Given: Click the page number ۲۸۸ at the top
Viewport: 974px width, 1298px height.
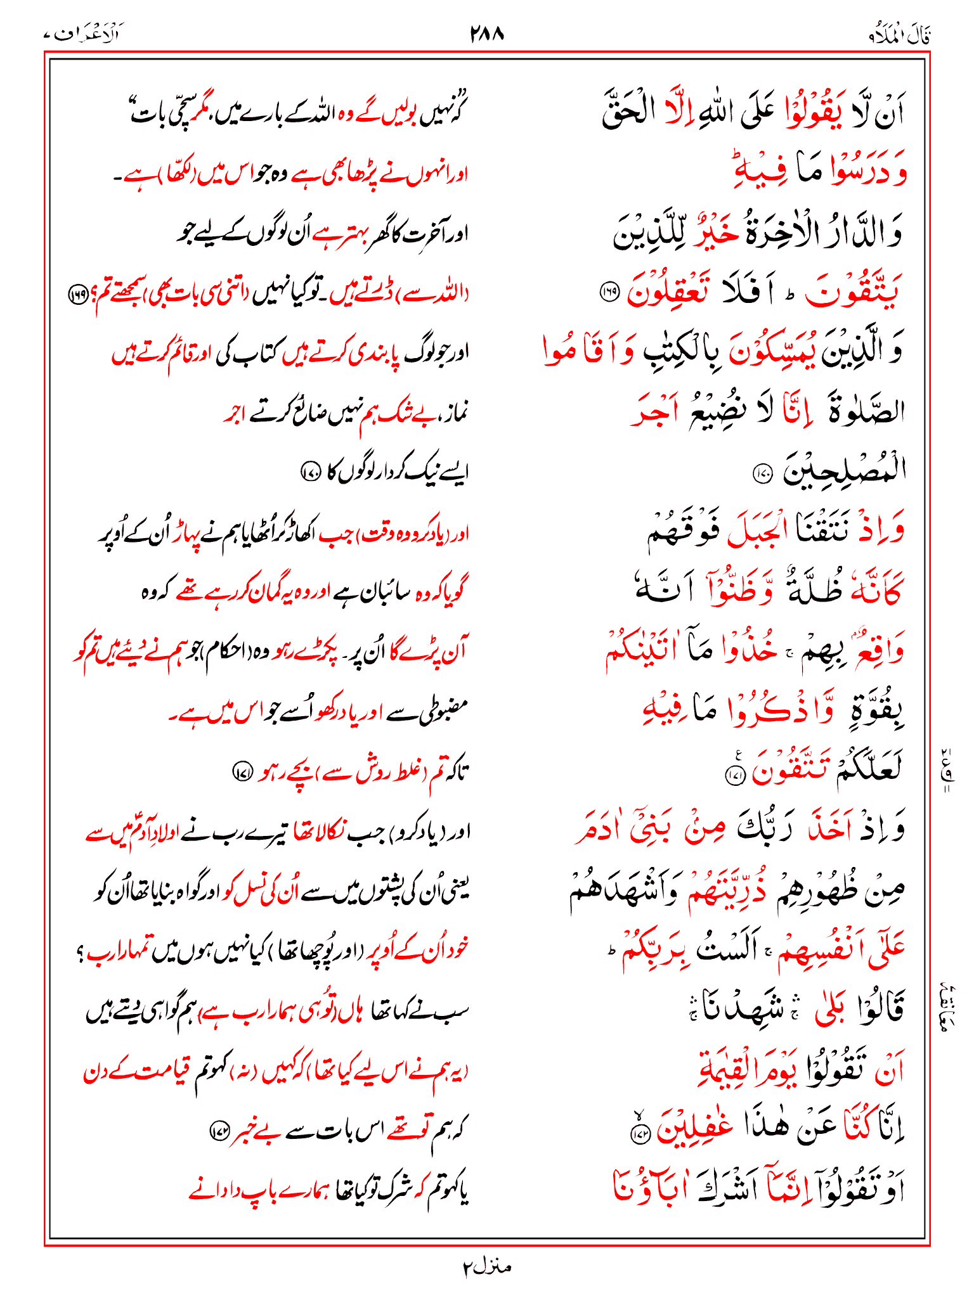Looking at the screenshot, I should [487, 34].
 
